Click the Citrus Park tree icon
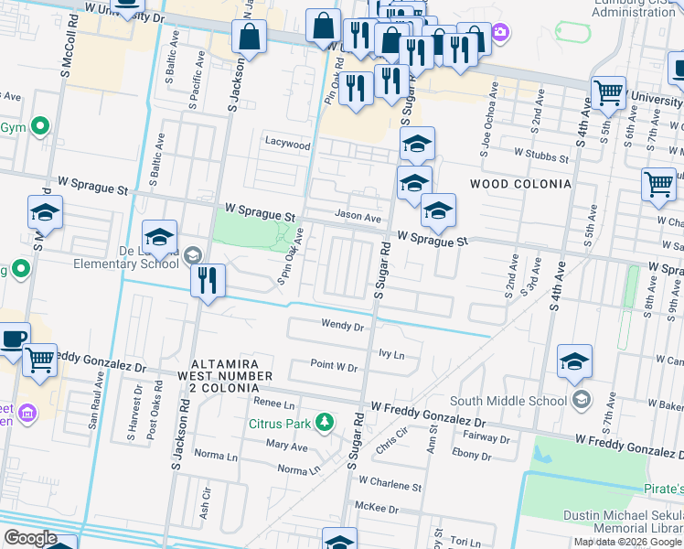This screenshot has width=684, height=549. (323, 422)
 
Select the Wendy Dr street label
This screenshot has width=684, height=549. (343, 325)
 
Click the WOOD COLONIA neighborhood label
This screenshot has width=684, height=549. (520, 184)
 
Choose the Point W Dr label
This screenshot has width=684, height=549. (333, 367)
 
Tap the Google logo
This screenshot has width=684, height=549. (30, 538)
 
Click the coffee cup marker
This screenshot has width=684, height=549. (13, 338)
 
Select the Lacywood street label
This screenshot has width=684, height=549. (288, 145)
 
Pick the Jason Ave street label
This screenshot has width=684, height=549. (358, 217)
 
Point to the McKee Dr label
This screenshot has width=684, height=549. (379, 509)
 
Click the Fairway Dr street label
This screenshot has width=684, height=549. (486, 439)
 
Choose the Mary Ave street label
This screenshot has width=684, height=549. (286, 447)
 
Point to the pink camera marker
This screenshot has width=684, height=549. (500, 34)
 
